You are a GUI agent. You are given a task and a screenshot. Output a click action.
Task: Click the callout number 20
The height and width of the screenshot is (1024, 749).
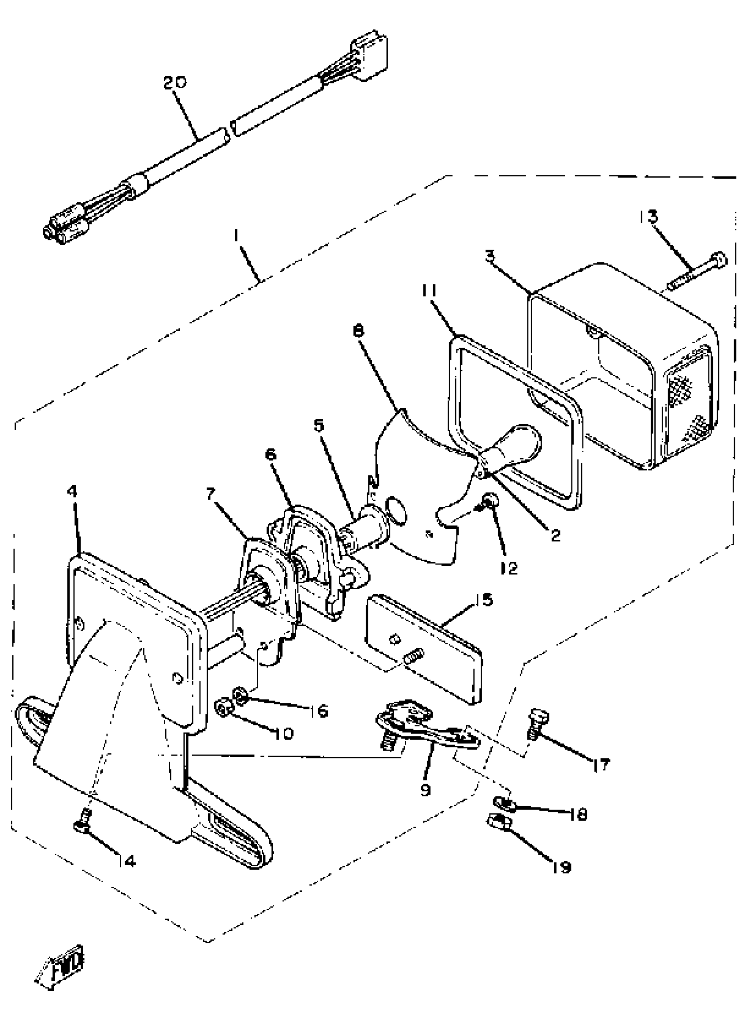(174, 83)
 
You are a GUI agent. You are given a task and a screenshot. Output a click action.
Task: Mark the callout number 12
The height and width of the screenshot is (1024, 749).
(510, 568)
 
